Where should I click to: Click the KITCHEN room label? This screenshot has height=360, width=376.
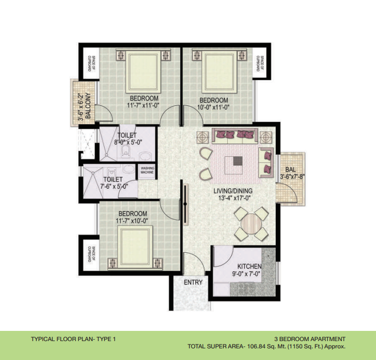[249, 266]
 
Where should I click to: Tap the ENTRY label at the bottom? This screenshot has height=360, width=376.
[193, 282]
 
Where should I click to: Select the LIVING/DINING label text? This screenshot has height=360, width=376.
[233, 191]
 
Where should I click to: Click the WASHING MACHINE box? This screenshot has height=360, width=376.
[147, 170]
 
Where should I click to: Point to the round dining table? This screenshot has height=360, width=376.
[251, 224]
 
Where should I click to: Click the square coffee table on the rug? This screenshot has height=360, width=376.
[235, 165]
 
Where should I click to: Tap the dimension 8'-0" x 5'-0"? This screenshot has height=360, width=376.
[128, 143]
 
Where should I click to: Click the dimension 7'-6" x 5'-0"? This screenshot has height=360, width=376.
[114, 186]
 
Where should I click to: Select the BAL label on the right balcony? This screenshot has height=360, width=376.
[290, 169]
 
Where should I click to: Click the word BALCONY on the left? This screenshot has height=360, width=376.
[88, 106]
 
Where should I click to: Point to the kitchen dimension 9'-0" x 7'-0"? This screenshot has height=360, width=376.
[246, 274]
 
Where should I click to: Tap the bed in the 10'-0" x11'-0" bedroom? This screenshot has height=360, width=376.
[219, 71]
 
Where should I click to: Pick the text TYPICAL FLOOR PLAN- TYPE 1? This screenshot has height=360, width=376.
[73, 339]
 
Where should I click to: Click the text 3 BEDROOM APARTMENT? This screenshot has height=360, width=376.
[310, 339]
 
